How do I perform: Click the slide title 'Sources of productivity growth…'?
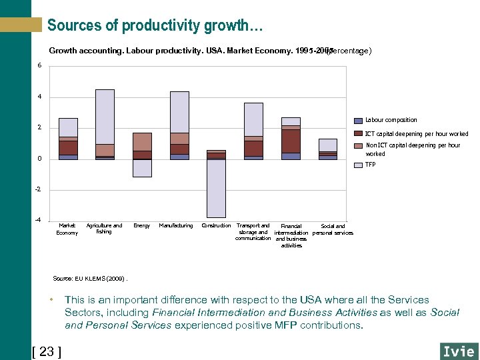[x=155, y=26]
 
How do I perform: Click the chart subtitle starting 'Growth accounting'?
[x=210, y=51]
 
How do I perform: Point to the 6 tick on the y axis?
[x=39, y=65]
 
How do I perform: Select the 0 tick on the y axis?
[x=39, y=159]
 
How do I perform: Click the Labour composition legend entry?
[x=391, y=120]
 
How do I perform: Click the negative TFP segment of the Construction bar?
[x=216, y=189]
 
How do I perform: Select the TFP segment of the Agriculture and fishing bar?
[x=105, y=117]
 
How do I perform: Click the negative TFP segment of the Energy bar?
[x=142, y=168]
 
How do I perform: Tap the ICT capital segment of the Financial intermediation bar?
[x=291, y=141]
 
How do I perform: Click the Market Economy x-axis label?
[x=67, y=229]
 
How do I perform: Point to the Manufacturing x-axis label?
[x=176, y=226]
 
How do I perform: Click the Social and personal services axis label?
[x=333, y=229]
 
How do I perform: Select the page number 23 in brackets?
[x=47, y=351]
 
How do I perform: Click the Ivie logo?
[x=459, y=351]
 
